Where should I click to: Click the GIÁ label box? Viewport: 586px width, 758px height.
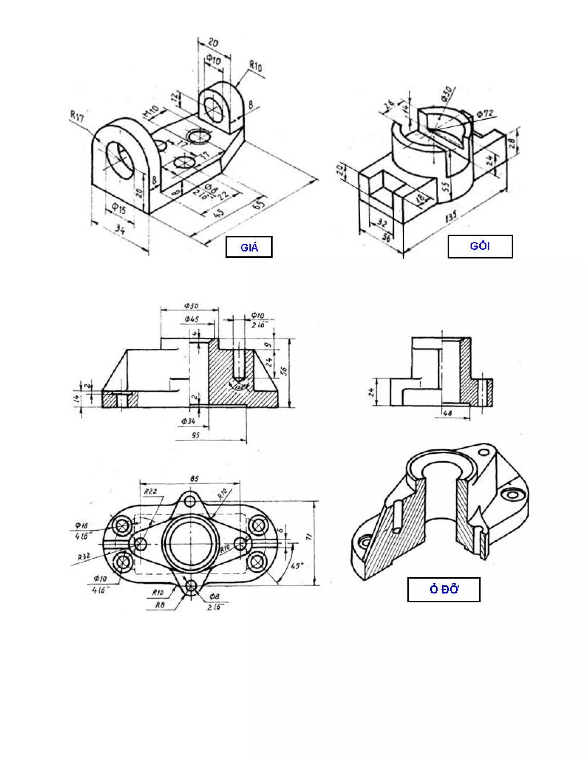click(x=249, y=247)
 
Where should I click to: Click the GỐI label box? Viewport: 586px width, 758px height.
click(x=480, y=246)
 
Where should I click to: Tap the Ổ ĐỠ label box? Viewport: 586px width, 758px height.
click(x=444, y=589)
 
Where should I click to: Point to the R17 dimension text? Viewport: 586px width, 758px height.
click(x=77, y=116)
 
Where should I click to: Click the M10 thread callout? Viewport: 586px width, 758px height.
click(x=151, y=112)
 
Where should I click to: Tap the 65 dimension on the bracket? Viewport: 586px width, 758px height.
click(x=260, y=203)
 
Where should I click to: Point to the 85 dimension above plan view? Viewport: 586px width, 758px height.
click(x=194, y=479)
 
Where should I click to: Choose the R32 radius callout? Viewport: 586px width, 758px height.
click(x=84, y=557)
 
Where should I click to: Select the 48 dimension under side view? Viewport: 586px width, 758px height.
click(x=448, y=413)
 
